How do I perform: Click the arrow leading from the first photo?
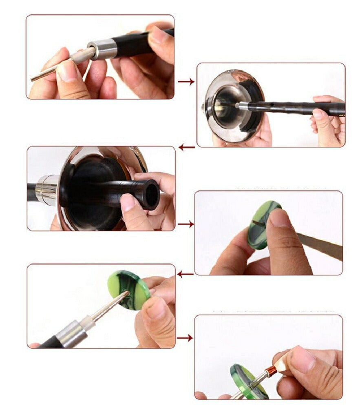point(186,82)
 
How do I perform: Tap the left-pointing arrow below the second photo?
point(186,147)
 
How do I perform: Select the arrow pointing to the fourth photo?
point(186,224)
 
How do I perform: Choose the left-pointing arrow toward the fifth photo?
point(185,274)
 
